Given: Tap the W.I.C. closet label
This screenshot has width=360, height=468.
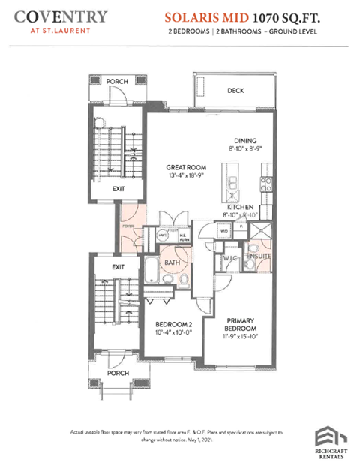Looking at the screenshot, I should point(231,259).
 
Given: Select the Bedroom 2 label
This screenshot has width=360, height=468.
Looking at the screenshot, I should point(169,324).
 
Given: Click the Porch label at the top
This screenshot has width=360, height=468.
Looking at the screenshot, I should point(116,80).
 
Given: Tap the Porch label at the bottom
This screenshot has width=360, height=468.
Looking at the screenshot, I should point(118,372).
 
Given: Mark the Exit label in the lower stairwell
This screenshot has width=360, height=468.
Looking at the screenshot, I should point(118,266).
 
